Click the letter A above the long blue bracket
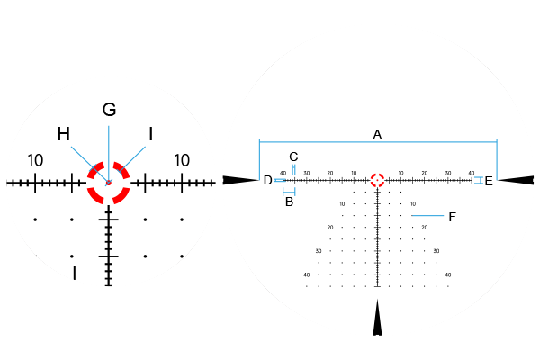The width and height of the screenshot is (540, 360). tap(377, 134)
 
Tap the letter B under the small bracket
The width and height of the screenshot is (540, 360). tap(289, 202)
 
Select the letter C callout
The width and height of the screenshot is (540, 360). tap(293, 157)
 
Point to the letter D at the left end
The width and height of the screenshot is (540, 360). tap(267, 180)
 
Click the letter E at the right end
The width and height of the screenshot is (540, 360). tap(489, 181)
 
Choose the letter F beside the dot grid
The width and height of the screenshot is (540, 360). tap(452, 217)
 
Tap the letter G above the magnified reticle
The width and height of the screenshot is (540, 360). tap(109, 110)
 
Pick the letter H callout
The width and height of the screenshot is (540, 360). tap(64, 134)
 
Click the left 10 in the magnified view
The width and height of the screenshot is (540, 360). tap(35, 160)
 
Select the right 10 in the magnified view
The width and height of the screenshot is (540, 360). tap(182, 160)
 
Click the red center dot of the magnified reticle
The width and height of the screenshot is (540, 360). tap(109, 183)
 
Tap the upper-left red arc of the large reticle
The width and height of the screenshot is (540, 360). tap(95, 170)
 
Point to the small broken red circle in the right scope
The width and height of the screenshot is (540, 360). tap(377, 180)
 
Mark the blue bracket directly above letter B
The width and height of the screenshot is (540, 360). tap(289, 192)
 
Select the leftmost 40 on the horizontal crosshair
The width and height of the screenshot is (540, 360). tap(283, 173)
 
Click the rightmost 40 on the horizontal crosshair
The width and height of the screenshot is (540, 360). tap(472, 173)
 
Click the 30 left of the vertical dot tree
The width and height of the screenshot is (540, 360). tap(319, 251)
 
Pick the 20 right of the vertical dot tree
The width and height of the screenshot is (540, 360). tap(425, 228)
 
